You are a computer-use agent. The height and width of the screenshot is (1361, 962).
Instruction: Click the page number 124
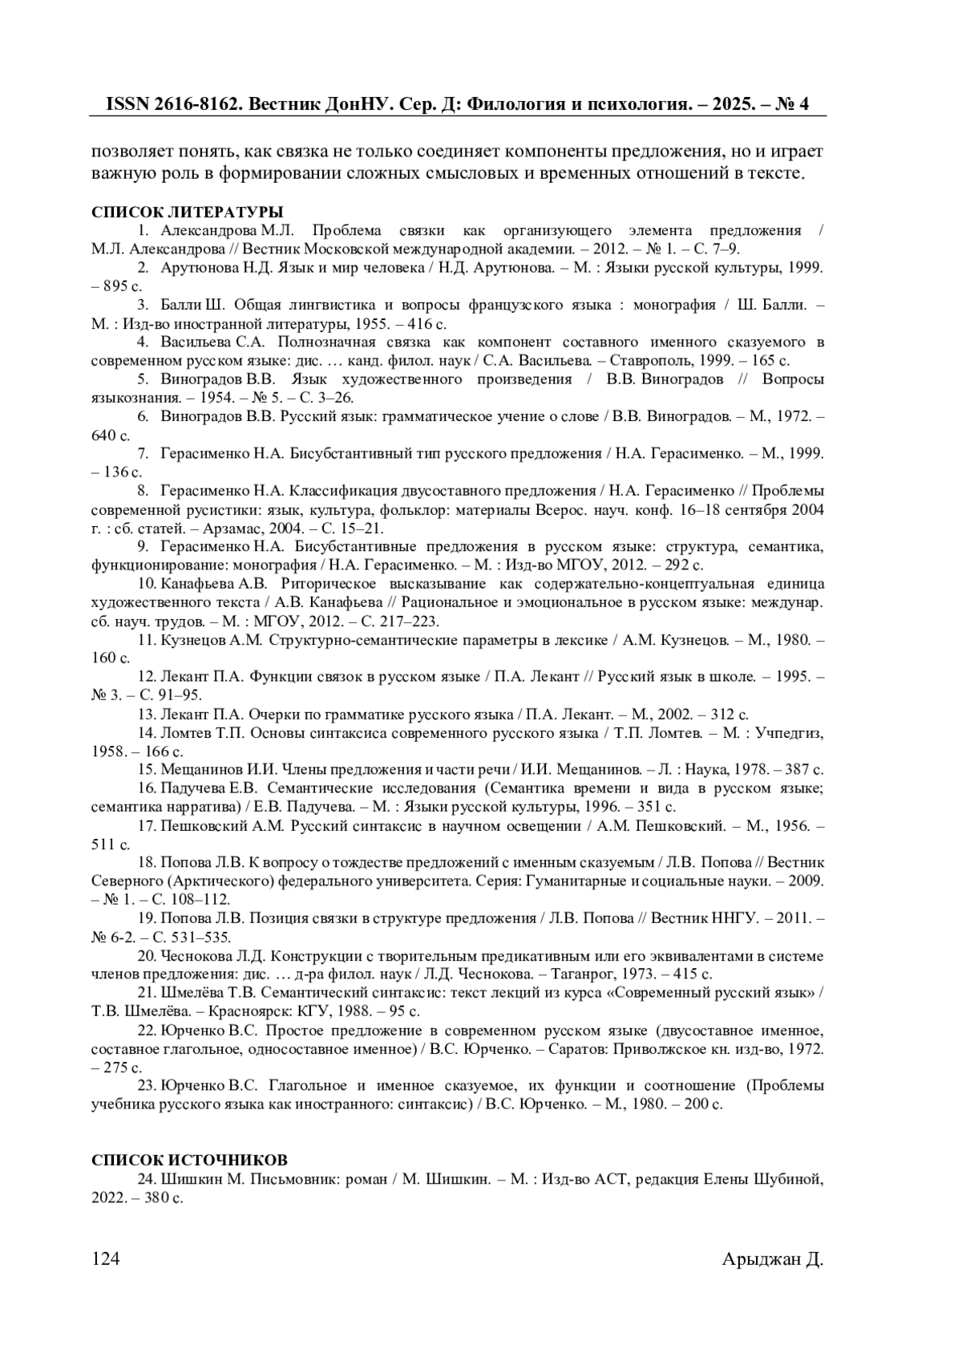(105, 1259)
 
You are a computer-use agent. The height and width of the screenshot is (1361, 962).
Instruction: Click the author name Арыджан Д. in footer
(773, 1259)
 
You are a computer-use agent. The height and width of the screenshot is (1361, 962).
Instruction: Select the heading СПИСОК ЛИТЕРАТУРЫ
(187, 213)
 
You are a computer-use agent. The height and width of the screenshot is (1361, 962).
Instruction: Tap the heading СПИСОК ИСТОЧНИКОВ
(189, 1160)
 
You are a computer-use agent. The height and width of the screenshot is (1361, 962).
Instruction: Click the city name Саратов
(591, 1048)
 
